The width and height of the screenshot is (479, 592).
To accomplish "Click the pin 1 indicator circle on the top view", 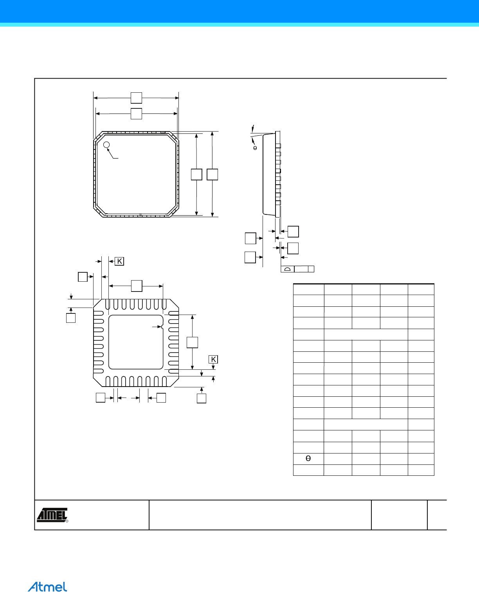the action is tap(106, 145).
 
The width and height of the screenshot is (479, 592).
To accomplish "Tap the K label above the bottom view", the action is tap(119, 261).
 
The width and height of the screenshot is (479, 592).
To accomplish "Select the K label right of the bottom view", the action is tap(213, 359).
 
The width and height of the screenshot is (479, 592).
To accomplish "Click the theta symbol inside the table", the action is tap(308, 458).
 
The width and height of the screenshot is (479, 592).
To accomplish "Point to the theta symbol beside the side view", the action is tap(255, 148).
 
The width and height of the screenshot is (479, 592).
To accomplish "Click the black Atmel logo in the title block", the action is tap(52, 515).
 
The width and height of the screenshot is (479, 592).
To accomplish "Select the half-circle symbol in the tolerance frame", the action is tap(288, 269).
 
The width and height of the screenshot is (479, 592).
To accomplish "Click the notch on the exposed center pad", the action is tap(162, 327).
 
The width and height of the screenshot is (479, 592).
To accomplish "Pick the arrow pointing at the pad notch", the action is tap(157, 327).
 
